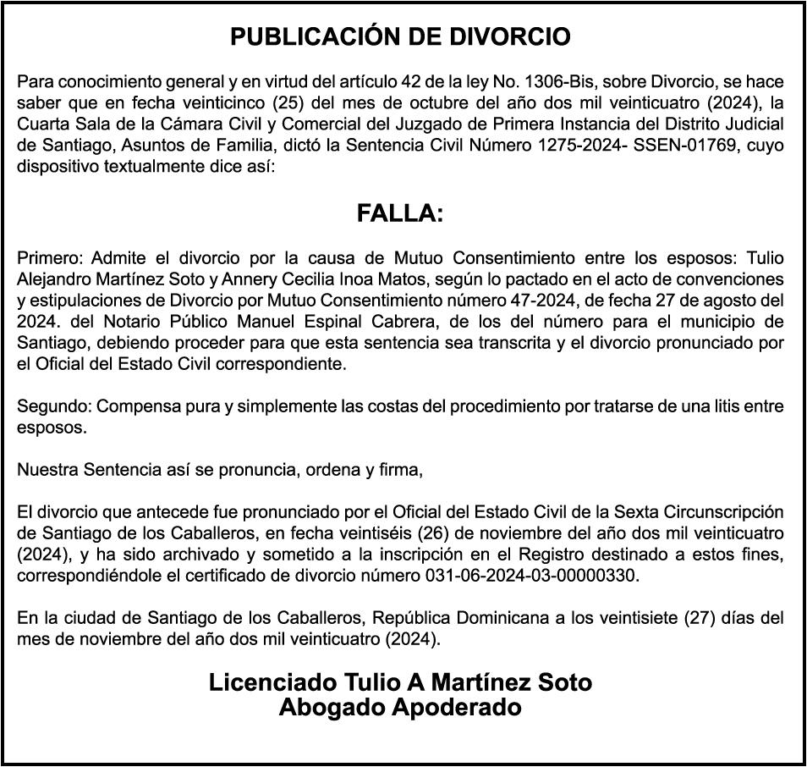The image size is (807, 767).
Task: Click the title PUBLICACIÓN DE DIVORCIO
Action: pos(400,37)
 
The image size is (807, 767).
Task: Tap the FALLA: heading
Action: pos(400,213)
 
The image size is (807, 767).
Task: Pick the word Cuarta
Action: pos(41,124)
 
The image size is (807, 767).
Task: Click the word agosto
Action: pos(733,300)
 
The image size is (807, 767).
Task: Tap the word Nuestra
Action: pos(46,470)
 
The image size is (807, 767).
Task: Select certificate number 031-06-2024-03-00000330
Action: pos(529,575)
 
